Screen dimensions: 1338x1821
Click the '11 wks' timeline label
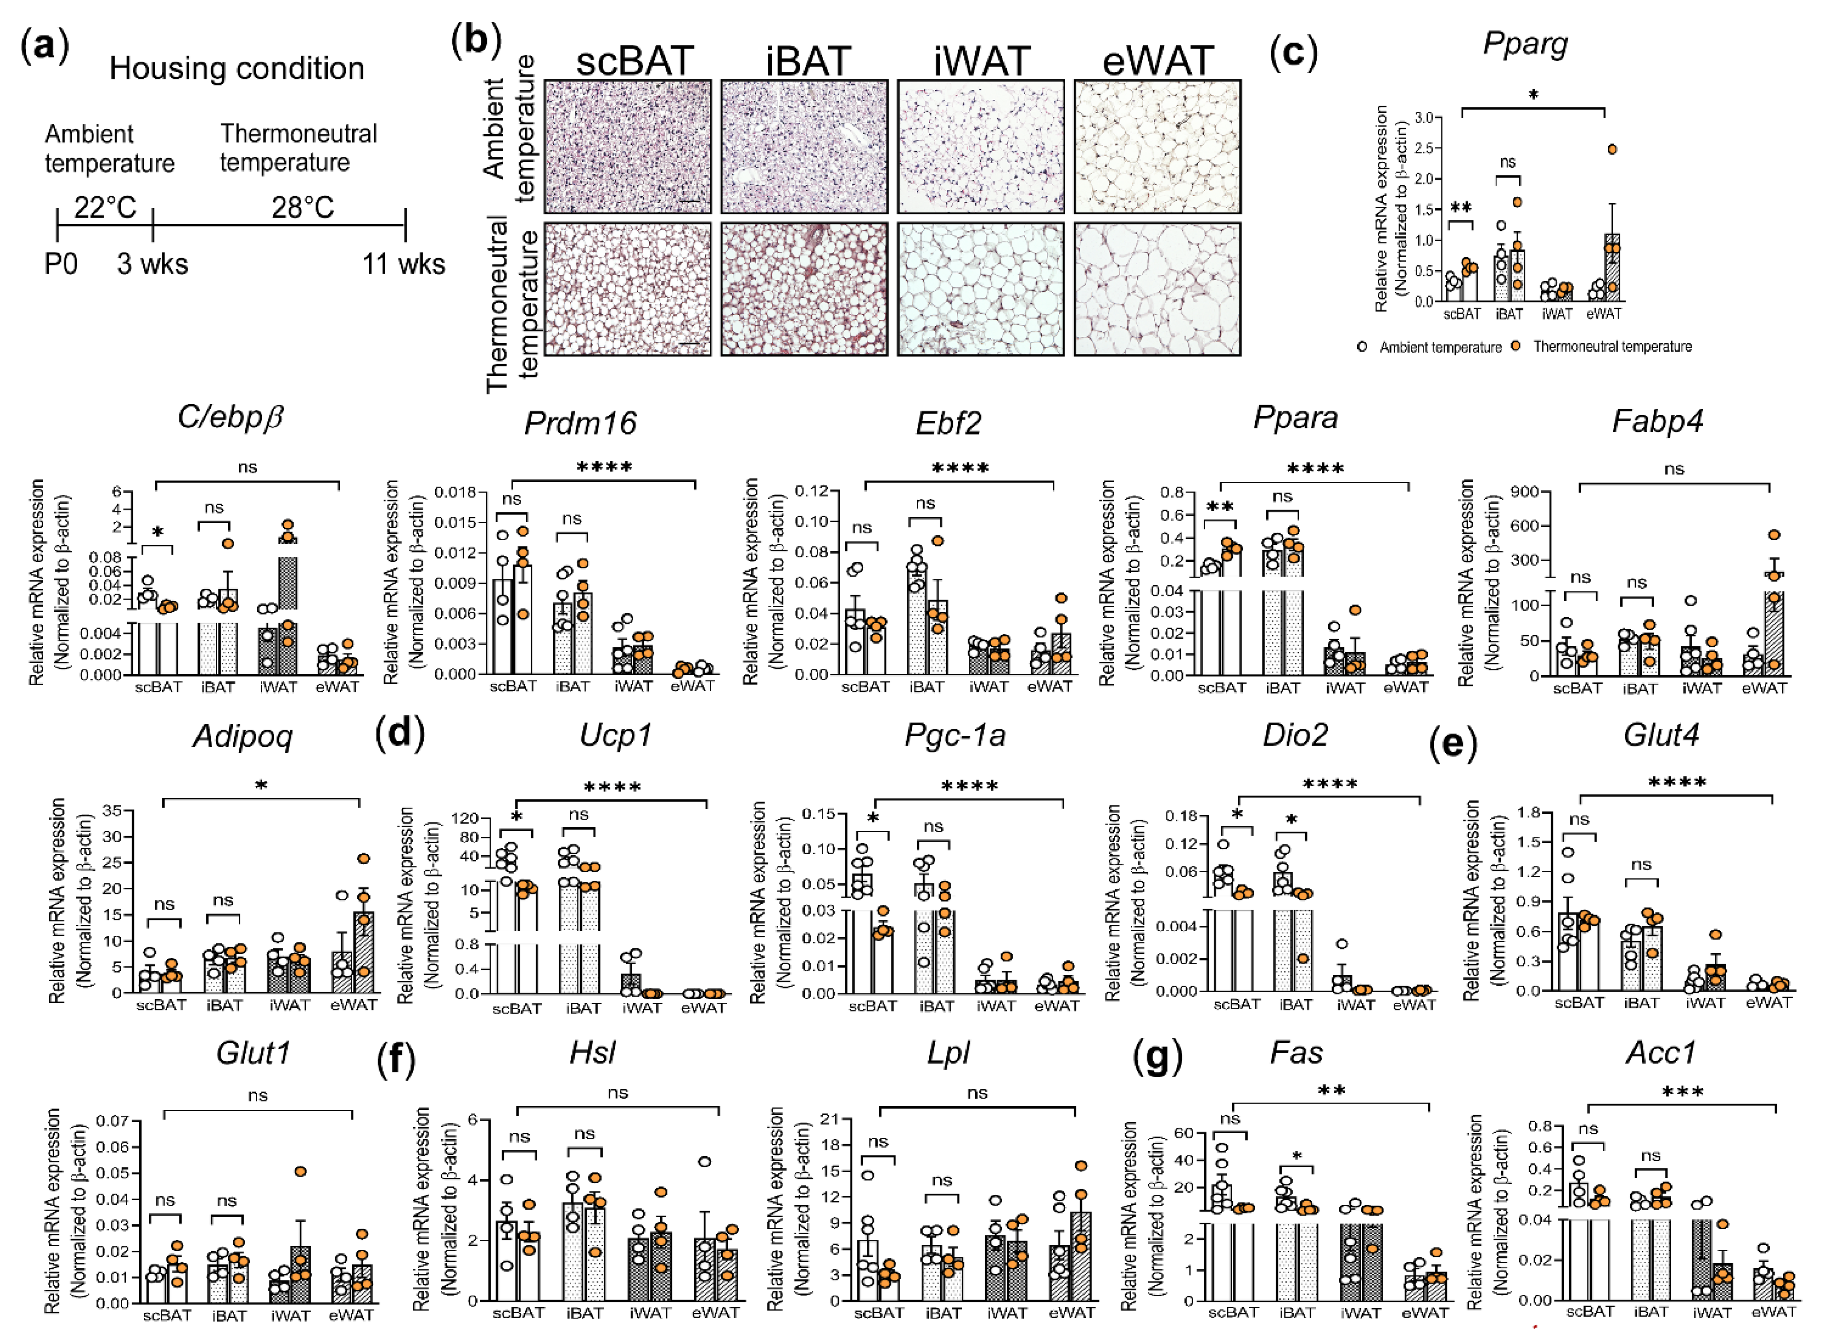coord(404,263)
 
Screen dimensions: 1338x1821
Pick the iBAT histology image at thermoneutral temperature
coord(804,289)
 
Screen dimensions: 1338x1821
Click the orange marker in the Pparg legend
coord(1516,346)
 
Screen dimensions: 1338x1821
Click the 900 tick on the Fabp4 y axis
coord(1528,493)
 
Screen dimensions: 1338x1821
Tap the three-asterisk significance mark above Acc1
coord(1682,1092)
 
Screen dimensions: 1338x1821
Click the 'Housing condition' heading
coord(236,68)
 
